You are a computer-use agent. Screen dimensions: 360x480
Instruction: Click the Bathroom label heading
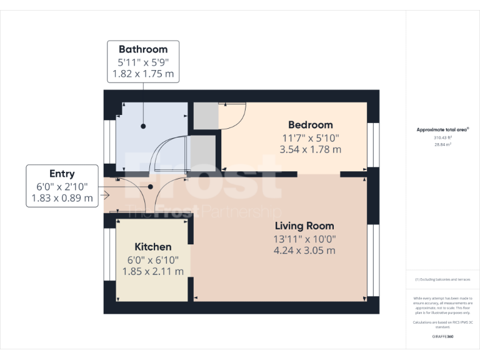[x=143, y=49]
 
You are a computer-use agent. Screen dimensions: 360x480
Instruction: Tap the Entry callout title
[x=62, y=174]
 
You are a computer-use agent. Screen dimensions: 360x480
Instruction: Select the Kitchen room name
[x=153, y=247]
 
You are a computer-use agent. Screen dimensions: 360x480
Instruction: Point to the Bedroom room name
[x=310, y=124]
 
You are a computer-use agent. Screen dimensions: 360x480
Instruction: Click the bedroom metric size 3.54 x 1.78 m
[x=310, y=149]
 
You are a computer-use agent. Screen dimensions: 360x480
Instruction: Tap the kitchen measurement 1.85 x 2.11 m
[x=153, y=271]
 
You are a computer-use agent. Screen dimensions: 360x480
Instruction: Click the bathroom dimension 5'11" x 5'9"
[x=143, y=62]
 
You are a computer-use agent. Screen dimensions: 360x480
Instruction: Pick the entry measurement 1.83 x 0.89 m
[x=62, y=199]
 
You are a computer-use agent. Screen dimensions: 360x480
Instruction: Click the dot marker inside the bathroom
[x=143, y=126]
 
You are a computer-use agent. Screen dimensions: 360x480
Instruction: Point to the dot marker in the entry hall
[x=151, y=186]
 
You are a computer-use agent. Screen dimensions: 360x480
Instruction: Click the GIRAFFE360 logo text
[x=442, y=337]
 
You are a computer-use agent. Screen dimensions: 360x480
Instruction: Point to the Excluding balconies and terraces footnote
[x=442, y=279]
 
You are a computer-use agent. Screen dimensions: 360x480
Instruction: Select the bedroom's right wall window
[x=373, y=144]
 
